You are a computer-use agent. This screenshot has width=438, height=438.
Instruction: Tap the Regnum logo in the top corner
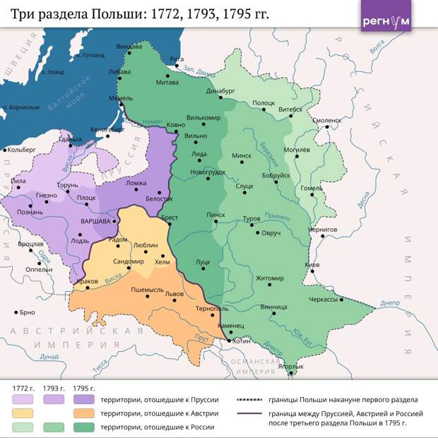click(386, 20)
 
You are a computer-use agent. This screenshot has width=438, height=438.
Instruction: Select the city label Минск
click(242, 155)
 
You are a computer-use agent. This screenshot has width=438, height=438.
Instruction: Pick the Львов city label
click(174, 294)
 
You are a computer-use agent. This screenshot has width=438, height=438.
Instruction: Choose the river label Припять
click(276, 216)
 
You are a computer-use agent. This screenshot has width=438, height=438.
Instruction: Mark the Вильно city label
click(196, 136)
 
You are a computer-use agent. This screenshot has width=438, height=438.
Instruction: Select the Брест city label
click(169, 218)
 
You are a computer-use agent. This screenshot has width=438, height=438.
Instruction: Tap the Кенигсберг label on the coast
click(107, 130)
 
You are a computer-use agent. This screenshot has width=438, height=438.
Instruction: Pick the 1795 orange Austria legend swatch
click(84, 413)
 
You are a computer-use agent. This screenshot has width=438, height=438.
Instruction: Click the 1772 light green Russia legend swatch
click(22, 427)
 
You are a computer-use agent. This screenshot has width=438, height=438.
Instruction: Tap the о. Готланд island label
click(92, 54)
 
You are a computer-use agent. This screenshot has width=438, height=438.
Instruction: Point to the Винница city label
click(274, 307)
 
